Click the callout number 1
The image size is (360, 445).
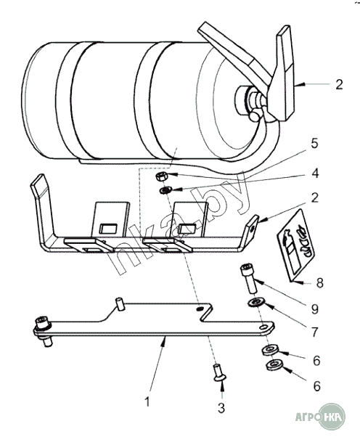coord(147,401)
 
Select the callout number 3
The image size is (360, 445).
coord(221,408)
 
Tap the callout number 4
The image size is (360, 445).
coord(315,173)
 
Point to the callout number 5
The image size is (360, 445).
coord(314,143)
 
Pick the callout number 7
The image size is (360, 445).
coord(314,332)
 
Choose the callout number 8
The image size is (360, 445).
coord(319,283)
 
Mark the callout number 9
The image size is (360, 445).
coord(315,309)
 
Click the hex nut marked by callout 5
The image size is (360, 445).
coord(162,176)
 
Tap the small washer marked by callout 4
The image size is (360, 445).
coord(165,190)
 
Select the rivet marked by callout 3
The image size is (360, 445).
coord(219,372)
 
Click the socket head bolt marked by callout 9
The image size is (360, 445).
coord(249,279)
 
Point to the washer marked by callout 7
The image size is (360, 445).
coord(255,302)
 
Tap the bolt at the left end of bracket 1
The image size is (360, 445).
coord(43,332)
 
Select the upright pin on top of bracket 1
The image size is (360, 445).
coord(120,304)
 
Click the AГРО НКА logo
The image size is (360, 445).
coord(320,417)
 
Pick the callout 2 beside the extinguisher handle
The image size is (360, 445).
coord(339,85)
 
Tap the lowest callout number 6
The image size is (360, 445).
coord(316,386)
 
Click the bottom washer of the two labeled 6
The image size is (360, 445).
coord(274,365)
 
